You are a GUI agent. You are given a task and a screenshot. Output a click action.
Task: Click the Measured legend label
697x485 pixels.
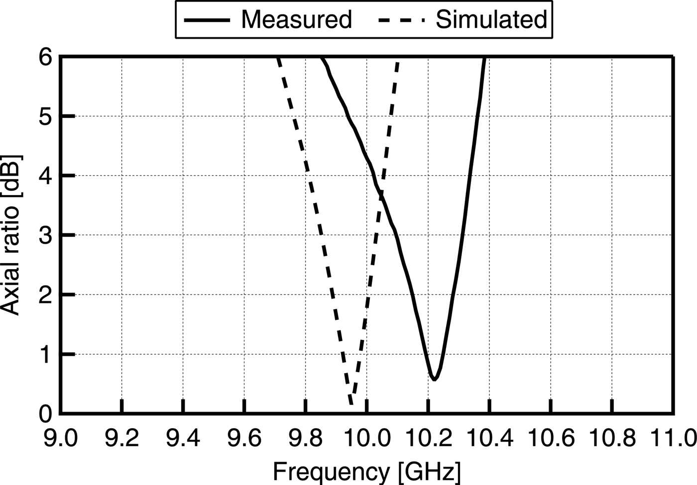[x=296, y=19]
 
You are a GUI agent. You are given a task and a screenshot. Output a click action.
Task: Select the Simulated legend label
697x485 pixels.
[x=491, y=19]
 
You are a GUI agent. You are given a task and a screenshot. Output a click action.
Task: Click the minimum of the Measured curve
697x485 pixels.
[x=434, y=379]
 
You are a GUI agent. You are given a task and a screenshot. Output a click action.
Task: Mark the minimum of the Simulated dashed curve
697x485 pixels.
[x=351, y=403]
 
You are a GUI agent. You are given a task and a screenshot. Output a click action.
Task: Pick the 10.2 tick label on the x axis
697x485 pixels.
[x=428, y=439]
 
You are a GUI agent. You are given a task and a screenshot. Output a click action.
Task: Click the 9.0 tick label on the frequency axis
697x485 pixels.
[x=60, y=439]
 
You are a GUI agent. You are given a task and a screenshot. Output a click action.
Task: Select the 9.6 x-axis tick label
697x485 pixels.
[x=244, y=439]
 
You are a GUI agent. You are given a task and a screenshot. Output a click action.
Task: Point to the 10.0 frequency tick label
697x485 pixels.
[x=366, y=439]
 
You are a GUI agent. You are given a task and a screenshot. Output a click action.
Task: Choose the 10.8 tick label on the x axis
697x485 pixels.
[x=611, y=439]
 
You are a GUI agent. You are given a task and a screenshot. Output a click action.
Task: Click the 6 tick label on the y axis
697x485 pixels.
[x=46, y=57]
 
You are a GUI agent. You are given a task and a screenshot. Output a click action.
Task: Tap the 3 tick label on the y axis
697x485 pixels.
[x=46, y=235]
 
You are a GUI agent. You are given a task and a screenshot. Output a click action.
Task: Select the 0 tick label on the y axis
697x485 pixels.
[x=46, y=413]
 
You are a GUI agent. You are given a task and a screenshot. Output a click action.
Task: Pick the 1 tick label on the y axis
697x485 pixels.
[x=46, y=354]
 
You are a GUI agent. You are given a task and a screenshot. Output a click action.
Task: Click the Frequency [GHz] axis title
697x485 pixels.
[x=367, y=471]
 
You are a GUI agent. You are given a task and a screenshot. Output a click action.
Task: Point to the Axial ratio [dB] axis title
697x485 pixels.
[x=11, y=235]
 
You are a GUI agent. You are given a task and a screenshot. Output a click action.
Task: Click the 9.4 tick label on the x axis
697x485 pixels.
[x=183, y=439]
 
